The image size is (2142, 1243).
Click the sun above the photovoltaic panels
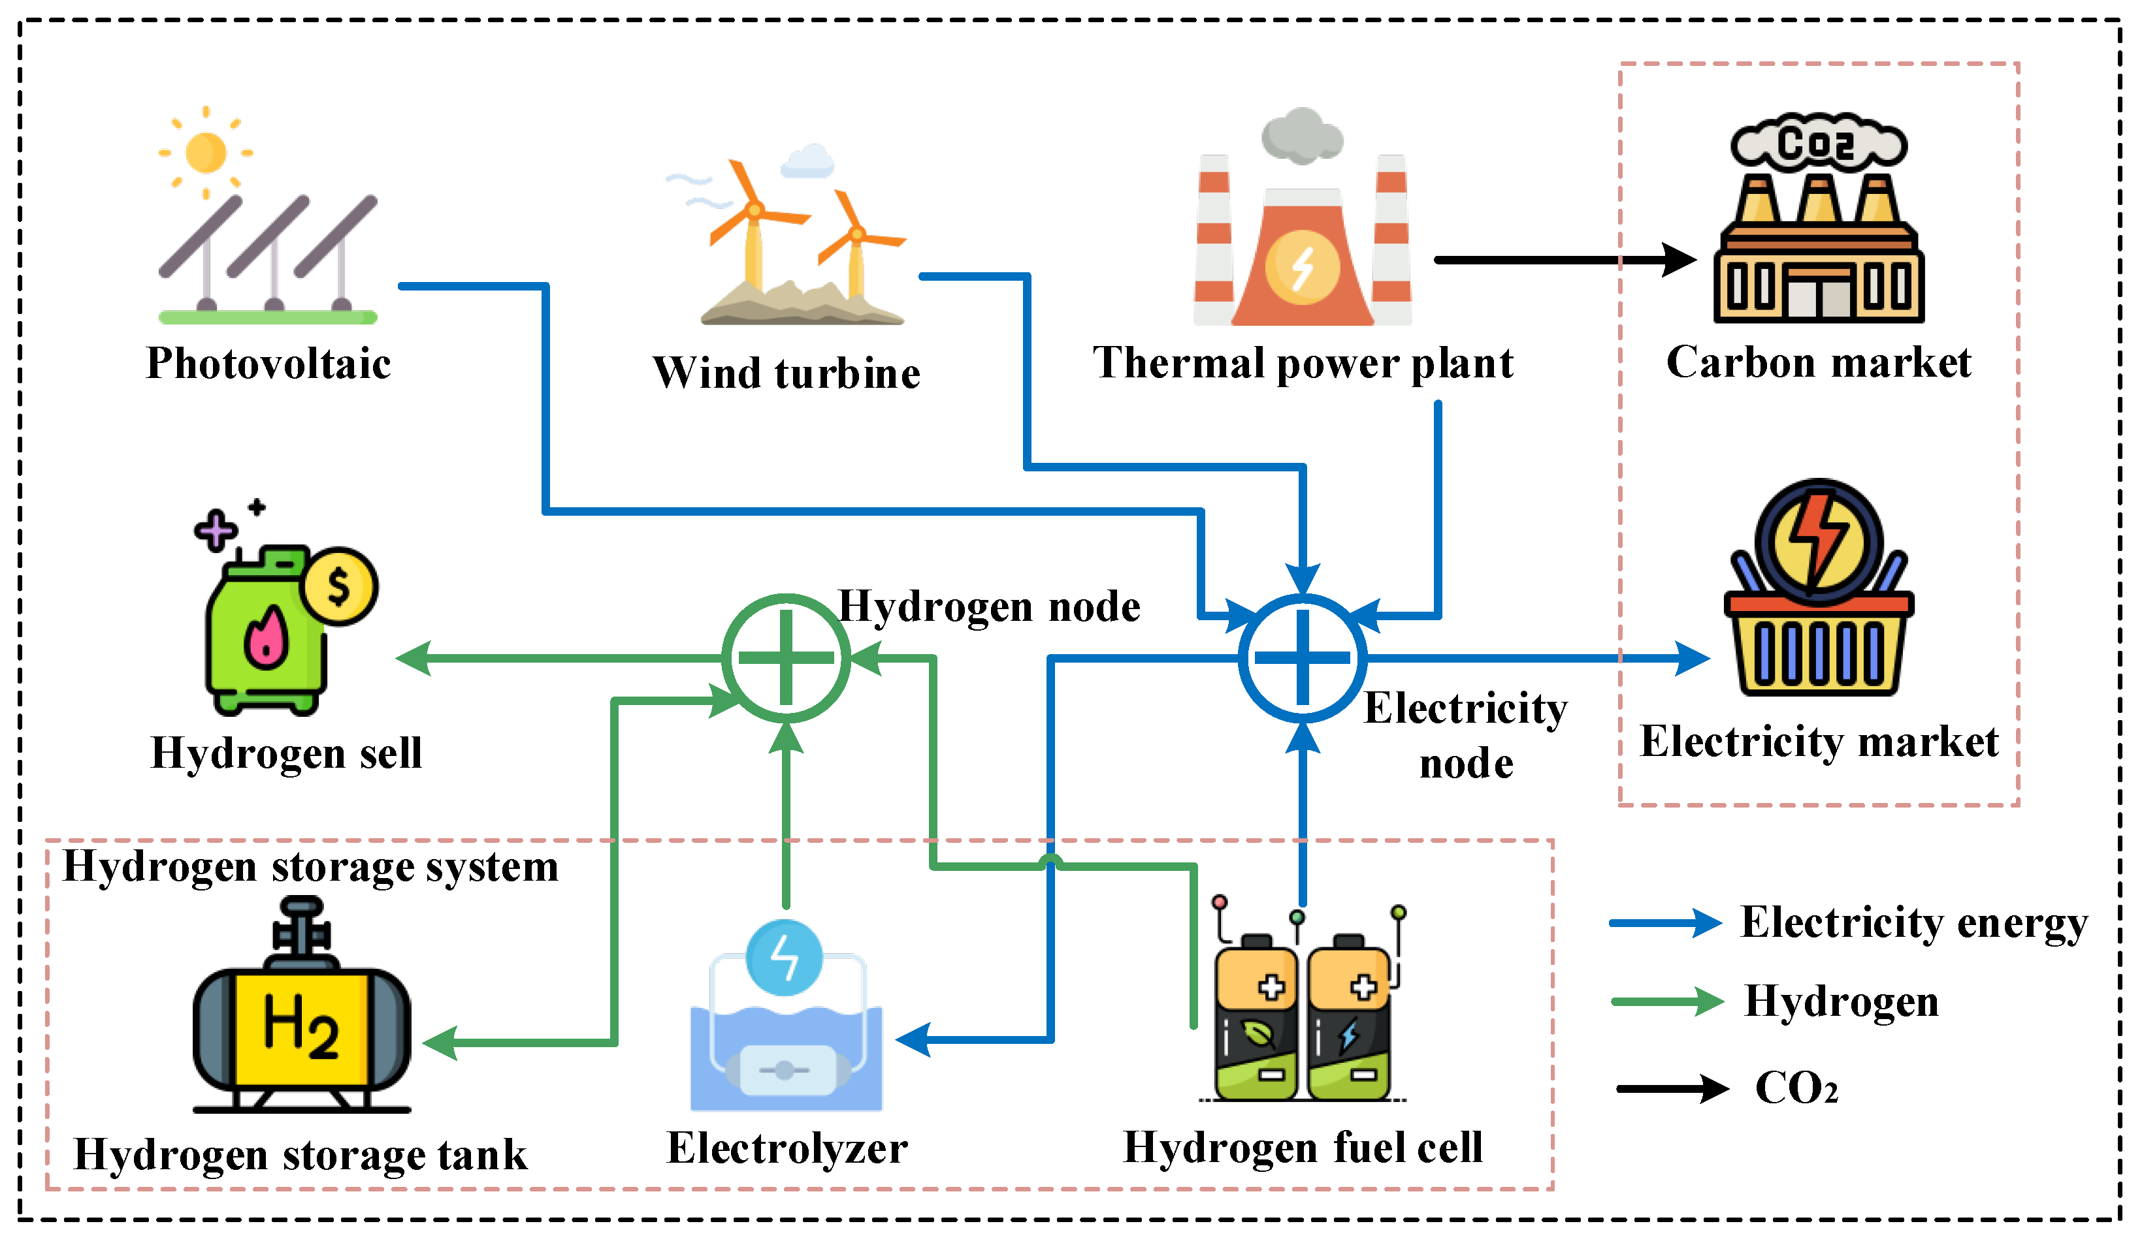pos(206,153)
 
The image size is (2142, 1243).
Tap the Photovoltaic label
pos(268,364)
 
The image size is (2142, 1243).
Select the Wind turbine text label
pos(787,373)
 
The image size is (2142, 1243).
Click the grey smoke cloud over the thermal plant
pos(1301,136)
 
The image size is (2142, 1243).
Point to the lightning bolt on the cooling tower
pos(1302,268)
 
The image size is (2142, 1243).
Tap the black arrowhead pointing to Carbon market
pos(1680,260)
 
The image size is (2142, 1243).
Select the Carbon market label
pos(1818,363)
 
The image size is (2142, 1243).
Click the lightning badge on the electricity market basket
pos(1818,541)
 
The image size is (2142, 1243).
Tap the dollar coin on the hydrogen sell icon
pos(340,586)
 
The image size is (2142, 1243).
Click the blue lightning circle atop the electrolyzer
pos(785,958)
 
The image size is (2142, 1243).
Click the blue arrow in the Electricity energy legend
pos(1666,922)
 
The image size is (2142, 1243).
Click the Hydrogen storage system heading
pos(311,868)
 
